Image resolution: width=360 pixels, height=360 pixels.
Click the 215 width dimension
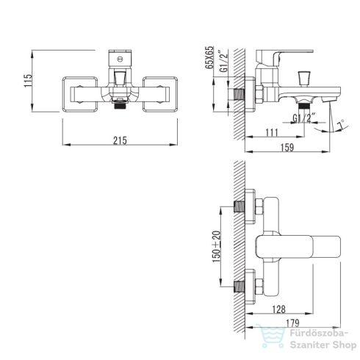point(120,140)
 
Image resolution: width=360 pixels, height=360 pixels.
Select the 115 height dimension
point(28,80)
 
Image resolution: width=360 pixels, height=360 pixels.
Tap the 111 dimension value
point(272,133)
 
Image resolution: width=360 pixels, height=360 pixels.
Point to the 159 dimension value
point(287,148)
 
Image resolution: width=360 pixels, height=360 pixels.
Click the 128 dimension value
point(279,309)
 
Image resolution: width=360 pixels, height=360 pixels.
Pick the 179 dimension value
point(292,323)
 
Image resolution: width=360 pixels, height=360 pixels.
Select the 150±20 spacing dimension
point(217,247)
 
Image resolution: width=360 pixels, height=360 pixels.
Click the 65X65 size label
point(209,58)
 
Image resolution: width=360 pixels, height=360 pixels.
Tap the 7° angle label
point(341,124)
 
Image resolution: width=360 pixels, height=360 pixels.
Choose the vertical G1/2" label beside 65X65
point(224,61)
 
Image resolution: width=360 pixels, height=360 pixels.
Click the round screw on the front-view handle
point(120,60)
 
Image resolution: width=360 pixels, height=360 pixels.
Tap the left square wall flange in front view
point(80,95)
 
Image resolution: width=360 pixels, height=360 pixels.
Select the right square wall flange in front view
point(160,95)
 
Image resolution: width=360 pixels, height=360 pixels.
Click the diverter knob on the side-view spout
point(304,79)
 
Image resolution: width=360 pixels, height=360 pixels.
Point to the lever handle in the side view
point(284,57)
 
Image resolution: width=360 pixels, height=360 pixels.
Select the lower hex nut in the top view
point(259,287)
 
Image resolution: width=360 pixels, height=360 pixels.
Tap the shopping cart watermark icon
point(271,336)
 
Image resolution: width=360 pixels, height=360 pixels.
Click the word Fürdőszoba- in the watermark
point(319,334)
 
